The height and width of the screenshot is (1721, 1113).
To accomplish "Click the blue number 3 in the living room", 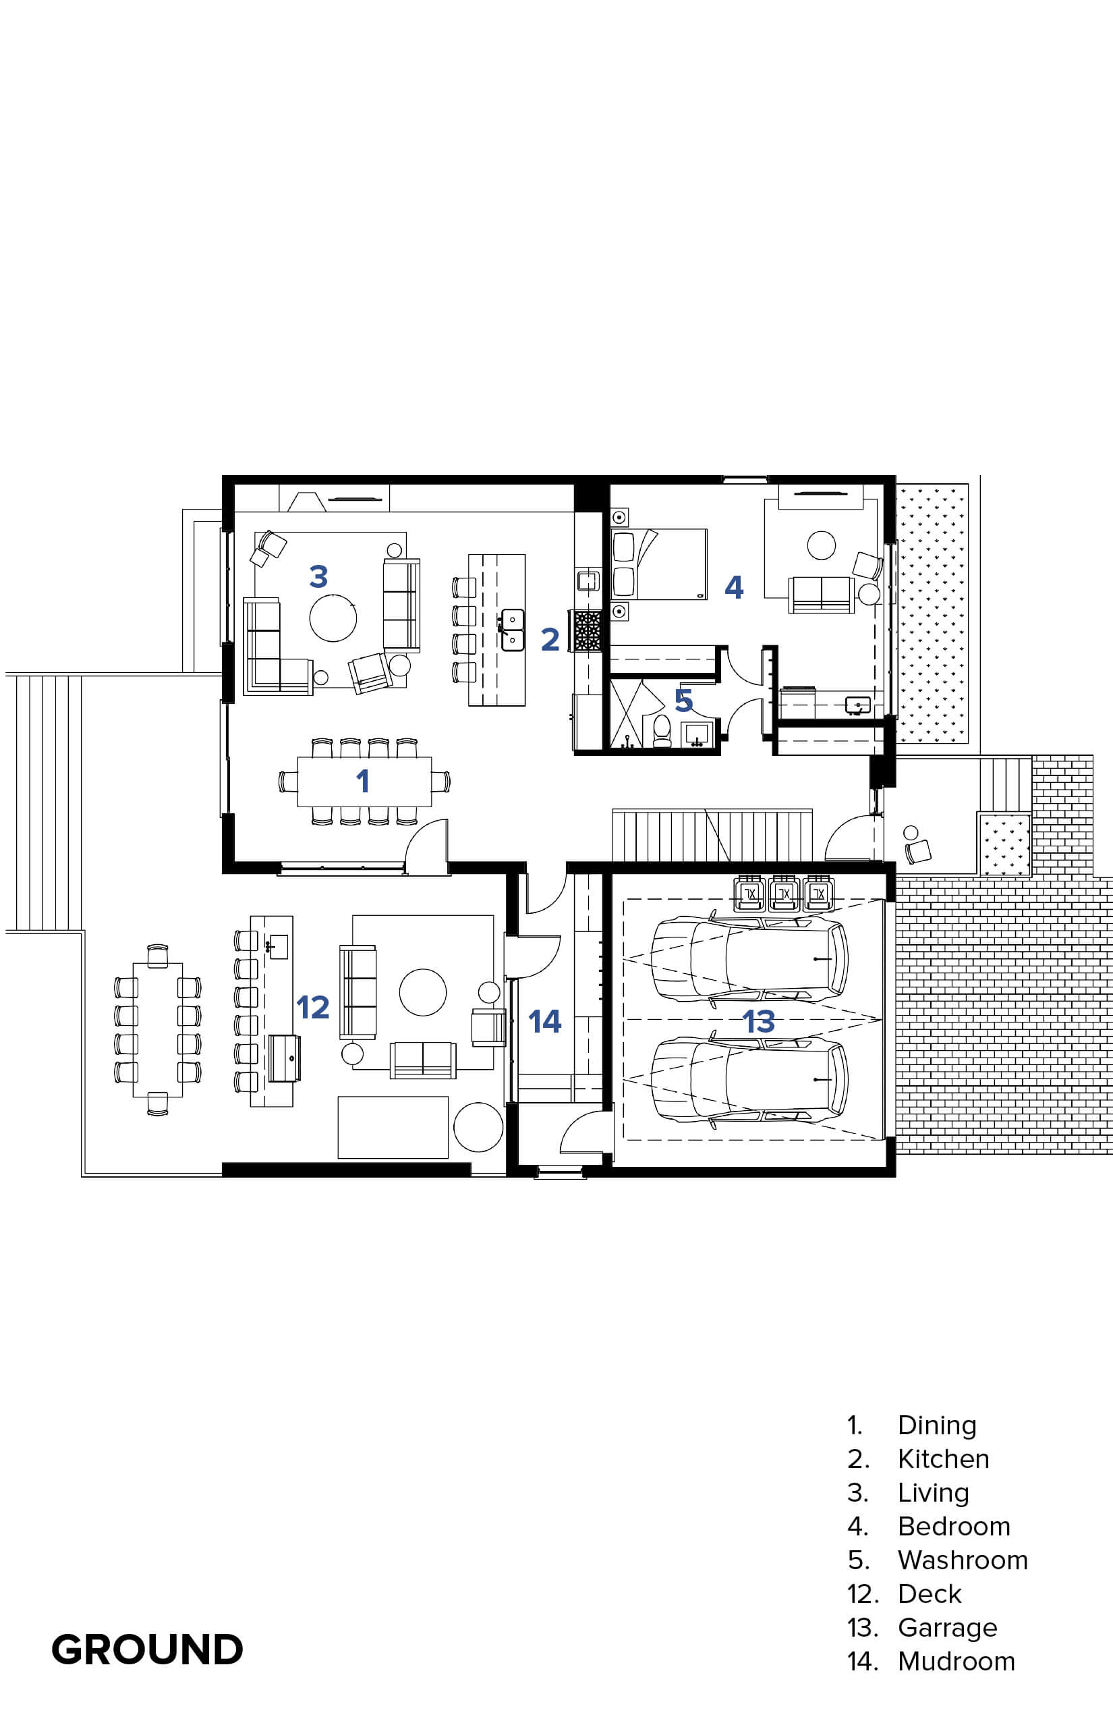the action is point(318,576).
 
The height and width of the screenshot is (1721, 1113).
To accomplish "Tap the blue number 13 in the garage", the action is point(759,1021).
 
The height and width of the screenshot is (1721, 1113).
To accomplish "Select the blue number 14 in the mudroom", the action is point(545,1021).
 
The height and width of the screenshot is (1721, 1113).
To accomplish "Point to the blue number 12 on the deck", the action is point(313,1007).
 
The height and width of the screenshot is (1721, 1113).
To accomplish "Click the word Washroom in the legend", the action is point(963,1560).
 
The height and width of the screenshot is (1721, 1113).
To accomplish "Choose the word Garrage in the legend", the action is point(948,1628).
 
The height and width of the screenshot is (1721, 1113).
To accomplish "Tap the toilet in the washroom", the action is point(661,731).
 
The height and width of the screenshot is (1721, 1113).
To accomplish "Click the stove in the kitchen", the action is point(588,630).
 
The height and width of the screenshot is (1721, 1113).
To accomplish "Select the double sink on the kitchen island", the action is point(513,630).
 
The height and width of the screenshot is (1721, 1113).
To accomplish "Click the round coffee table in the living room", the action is point(333,617).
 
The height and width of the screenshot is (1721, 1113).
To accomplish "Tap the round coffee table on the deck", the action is point(423,992).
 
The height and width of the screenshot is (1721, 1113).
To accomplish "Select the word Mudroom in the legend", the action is point(957,1661).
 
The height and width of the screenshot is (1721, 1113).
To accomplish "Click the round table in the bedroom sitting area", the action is point(822,545).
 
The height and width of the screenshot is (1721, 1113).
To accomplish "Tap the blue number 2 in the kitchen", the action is point(550,639).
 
